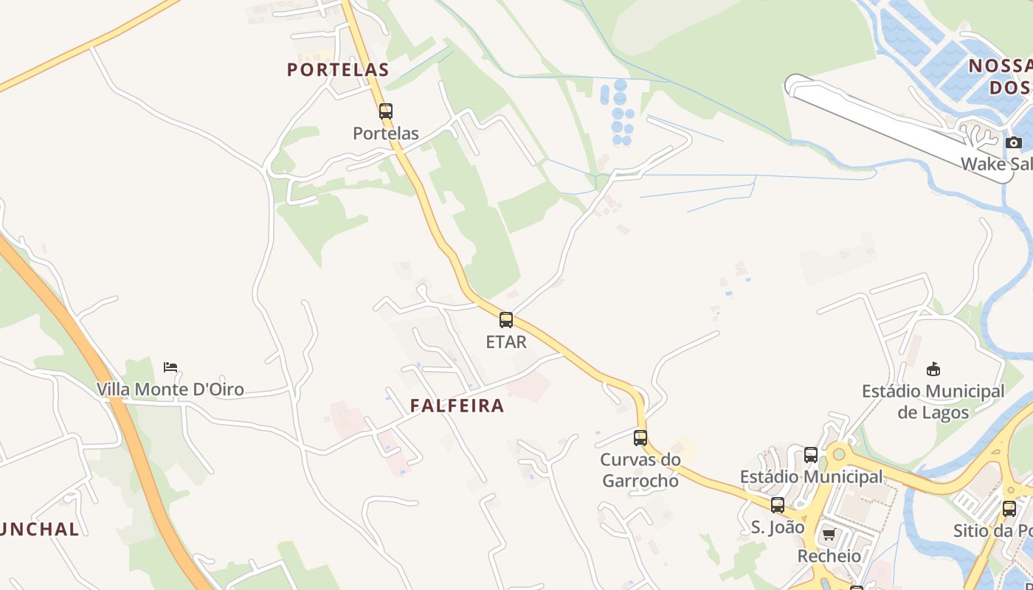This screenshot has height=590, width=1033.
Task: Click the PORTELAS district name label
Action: point(337,70)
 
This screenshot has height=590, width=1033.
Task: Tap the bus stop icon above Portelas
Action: point(386,111)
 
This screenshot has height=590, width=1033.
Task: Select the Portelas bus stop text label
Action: point(386,133)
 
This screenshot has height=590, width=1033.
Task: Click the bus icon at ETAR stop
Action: point(506,320)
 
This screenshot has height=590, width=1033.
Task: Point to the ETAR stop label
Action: point(506,342)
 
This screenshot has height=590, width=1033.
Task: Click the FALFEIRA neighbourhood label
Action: point(457,406)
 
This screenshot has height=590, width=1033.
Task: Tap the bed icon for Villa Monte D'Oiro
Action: point(170,367)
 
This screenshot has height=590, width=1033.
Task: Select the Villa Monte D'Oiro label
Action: point(170,389)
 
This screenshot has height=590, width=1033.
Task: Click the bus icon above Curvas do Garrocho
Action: point(640,438)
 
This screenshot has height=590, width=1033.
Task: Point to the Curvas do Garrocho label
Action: point(640,470)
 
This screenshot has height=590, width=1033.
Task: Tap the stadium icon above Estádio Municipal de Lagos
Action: point(933,369)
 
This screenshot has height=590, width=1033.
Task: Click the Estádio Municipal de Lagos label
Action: point(933,401)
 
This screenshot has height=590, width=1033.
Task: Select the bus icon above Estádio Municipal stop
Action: point(811,455)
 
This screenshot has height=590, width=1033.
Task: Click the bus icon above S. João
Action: point(778,505)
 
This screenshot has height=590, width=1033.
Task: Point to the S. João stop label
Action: point(778,527)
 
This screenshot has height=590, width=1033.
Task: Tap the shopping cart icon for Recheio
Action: point(829,535)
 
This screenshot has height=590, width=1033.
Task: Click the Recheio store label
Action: point(829,555)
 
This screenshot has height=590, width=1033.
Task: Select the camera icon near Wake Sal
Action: point(1014,142)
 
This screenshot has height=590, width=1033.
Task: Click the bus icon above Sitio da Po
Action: point(1009,508)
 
